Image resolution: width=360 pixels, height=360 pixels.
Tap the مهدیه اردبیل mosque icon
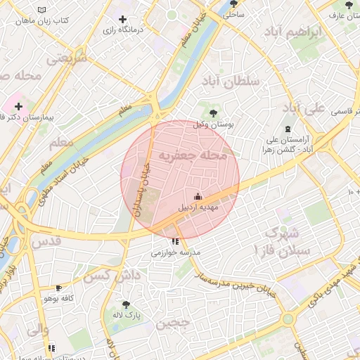click(198, 196)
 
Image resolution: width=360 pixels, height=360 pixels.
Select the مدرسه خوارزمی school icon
click(174, 241)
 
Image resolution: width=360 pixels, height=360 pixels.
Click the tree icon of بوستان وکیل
click(213, 113)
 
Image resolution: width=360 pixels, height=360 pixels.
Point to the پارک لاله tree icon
click(126, 304)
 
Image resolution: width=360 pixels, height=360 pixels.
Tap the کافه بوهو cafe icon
click(58, 288)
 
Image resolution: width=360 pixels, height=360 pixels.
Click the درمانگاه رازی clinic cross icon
click(123, 20)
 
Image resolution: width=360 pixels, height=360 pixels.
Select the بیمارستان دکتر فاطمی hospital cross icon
click(18, 106)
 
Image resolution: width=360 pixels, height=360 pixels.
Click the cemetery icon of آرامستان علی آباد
click(288, 128)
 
